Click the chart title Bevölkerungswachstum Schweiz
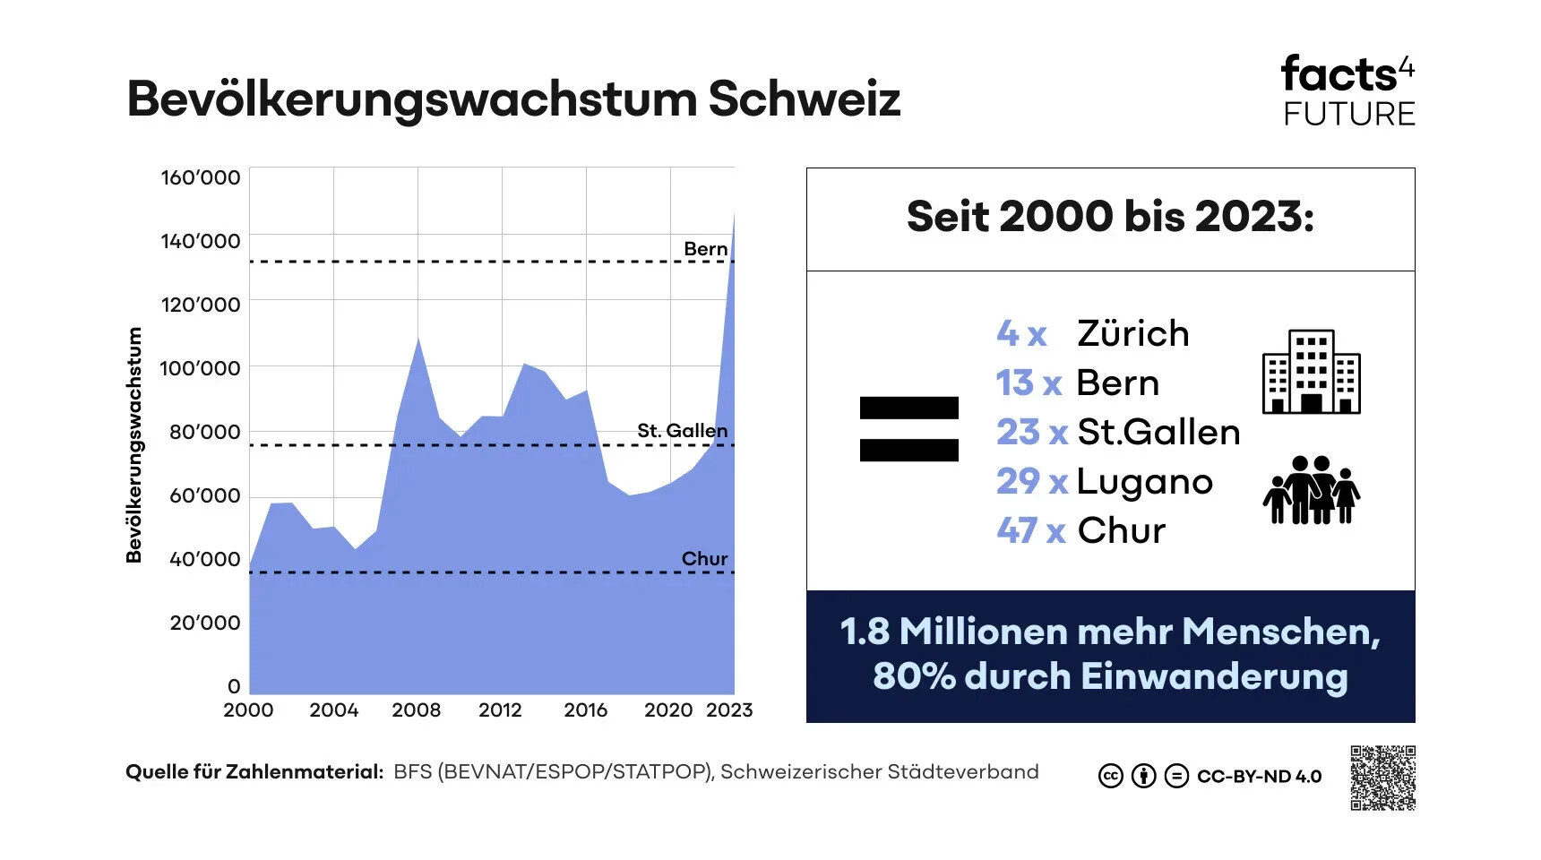pyautogui.click(x=512, y=99)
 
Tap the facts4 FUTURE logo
pyautogui.click(x=1347, y=90)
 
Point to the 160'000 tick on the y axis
pyautogui.click(x=201, y=177)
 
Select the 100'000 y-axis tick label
pyautogui.click(x=200, y=368)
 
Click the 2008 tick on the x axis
pyautogui.click(x=417, y=710)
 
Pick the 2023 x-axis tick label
pyautogui.click(x=729, y=710)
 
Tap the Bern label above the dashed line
pyautogui.click(x=705, y=249)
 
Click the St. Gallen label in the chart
pyautogui.click(x=682, y=431)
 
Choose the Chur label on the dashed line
pyautogui.click(x=704, y=559)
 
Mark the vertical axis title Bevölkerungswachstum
pyautogui.click(x=134, y=444)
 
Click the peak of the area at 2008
pyautogui.click(x=418, y=340)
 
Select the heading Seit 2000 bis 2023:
pyautogui.click(x=1110, y=217)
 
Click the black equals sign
pyautogui.click(x=908, y=429)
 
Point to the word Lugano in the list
pyautogui.click(x=1144, y=482)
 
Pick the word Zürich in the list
pyautogui.click(x=1133, y=333)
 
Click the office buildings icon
pyautogui.click(x=1311, y=372)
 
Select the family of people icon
pyautogui.click(x=1311, y=489)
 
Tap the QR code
pyautogui.click(x=1382, y=778)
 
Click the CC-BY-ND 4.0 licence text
pyautogui.click(x=1259, y=777)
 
